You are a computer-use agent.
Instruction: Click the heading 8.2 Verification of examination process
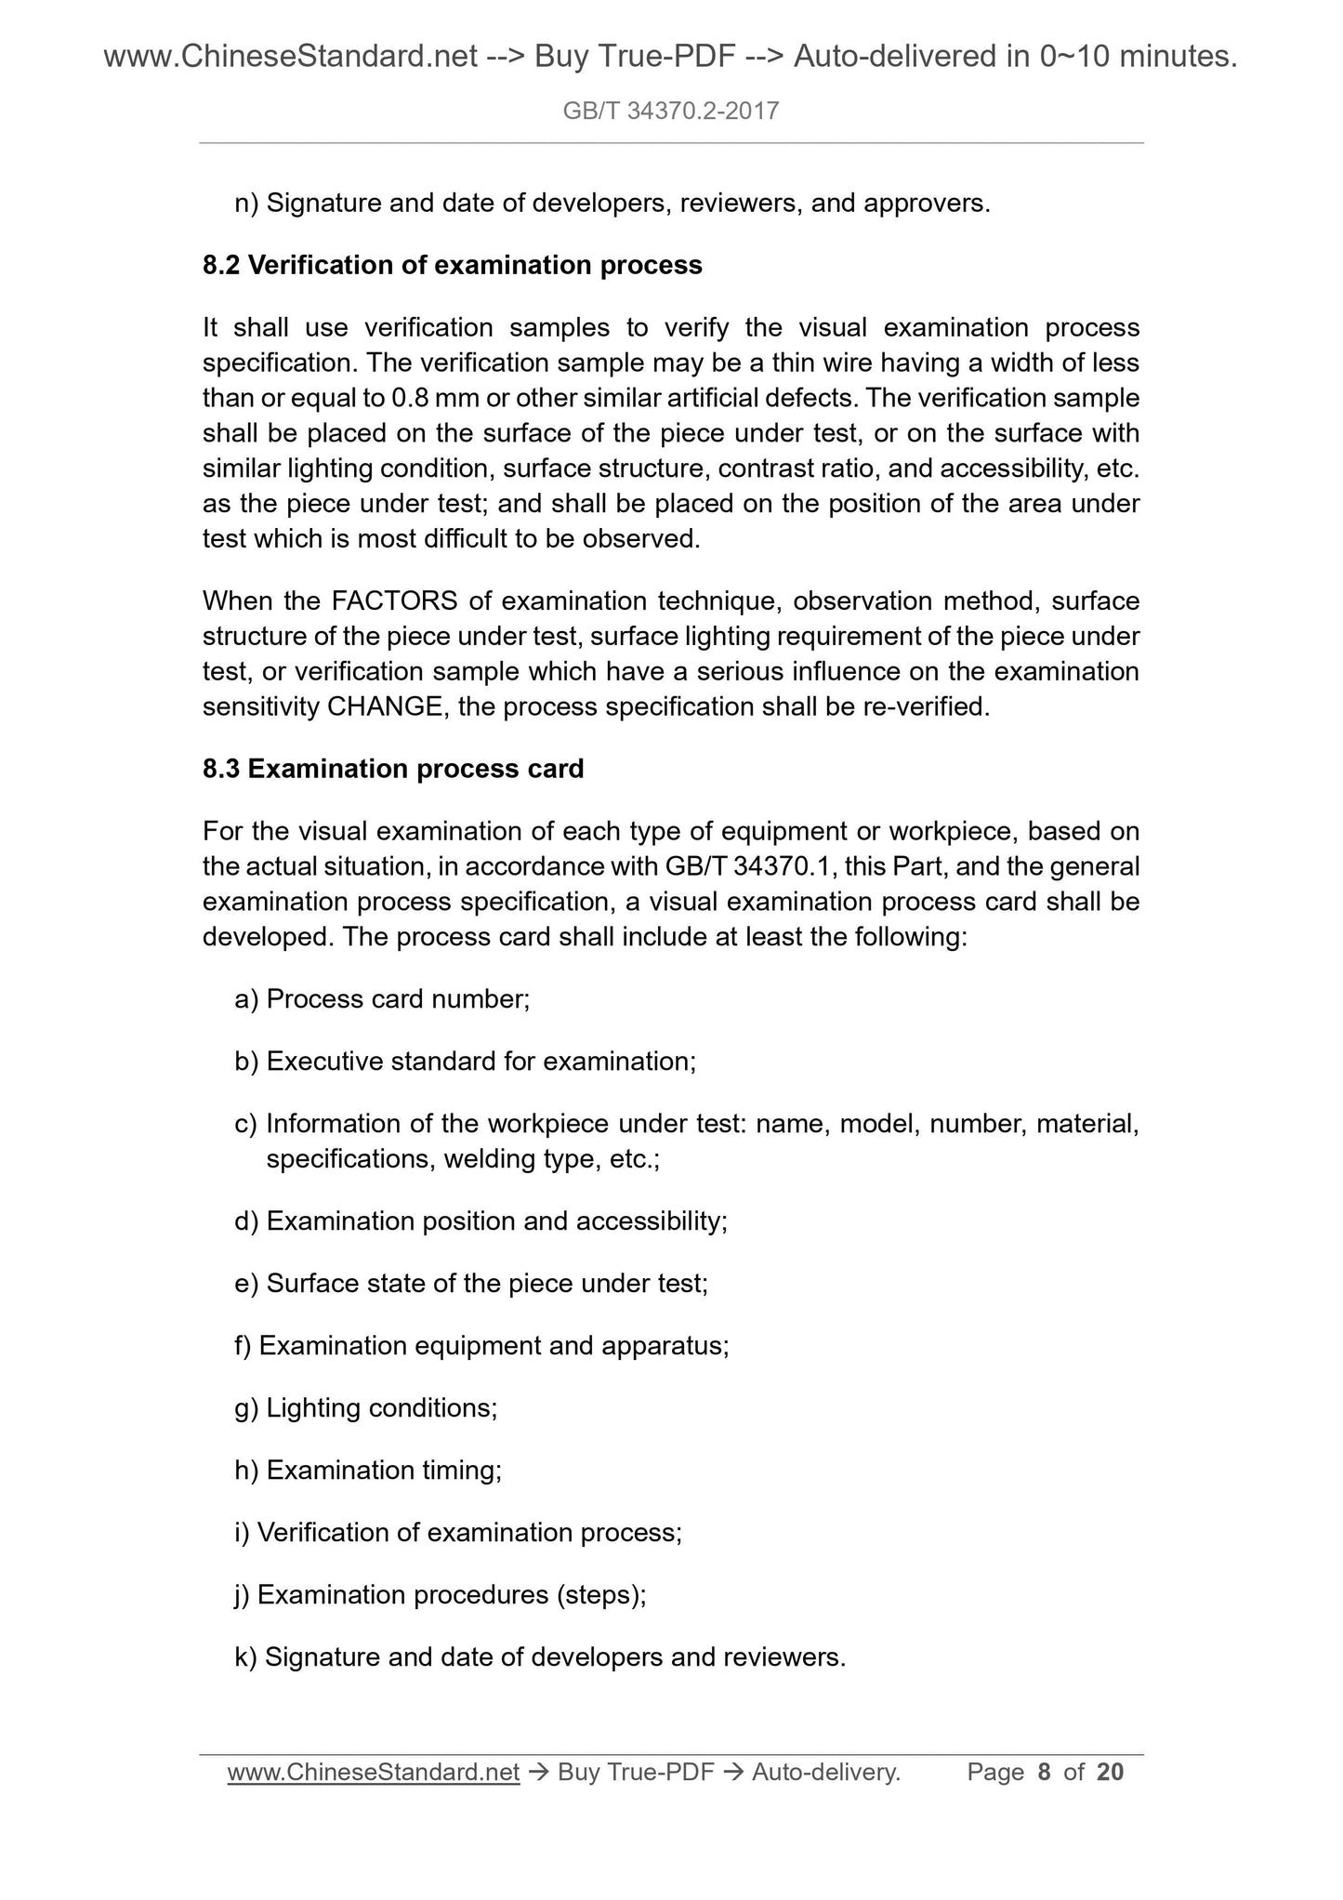[x=452, y=266]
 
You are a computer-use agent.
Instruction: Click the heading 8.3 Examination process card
[x=393, y=769]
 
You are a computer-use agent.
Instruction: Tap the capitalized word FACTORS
[x=394, y=601]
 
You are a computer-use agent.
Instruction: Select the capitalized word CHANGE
[x=385, y=707]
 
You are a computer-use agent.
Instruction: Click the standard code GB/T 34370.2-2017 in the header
[x=671, y=112]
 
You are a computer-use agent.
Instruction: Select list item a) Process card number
[x=382, y=999]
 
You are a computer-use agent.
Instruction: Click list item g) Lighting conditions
[x=366, y=1408]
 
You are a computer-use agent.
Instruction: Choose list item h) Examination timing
[x=368, y=1471]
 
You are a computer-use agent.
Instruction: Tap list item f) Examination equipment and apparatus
[x=481, y=1346]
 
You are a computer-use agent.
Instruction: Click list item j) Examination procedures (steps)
[x=441, y=1595]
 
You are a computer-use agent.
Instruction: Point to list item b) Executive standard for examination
[x=465, y=1062]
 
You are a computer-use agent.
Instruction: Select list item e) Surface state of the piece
[x=471, y=1284]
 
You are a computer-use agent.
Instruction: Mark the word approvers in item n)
[x=925, y=204]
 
